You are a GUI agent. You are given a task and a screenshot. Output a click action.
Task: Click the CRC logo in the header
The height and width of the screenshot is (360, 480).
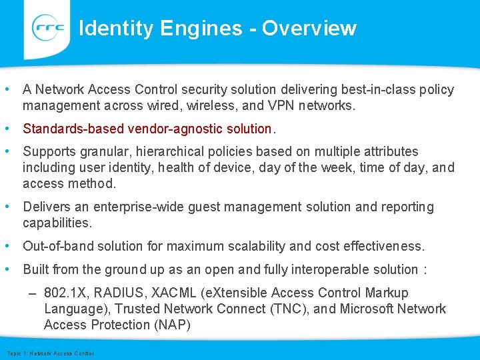48,28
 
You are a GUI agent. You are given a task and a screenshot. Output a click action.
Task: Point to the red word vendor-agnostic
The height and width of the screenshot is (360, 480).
165,128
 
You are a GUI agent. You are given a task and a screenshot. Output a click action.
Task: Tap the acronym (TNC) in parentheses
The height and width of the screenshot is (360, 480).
290,309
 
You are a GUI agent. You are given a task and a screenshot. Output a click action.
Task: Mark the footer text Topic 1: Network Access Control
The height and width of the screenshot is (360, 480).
50,353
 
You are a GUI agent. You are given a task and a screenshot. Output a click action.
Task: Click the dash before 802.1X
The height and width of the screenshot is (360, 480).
33,293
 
